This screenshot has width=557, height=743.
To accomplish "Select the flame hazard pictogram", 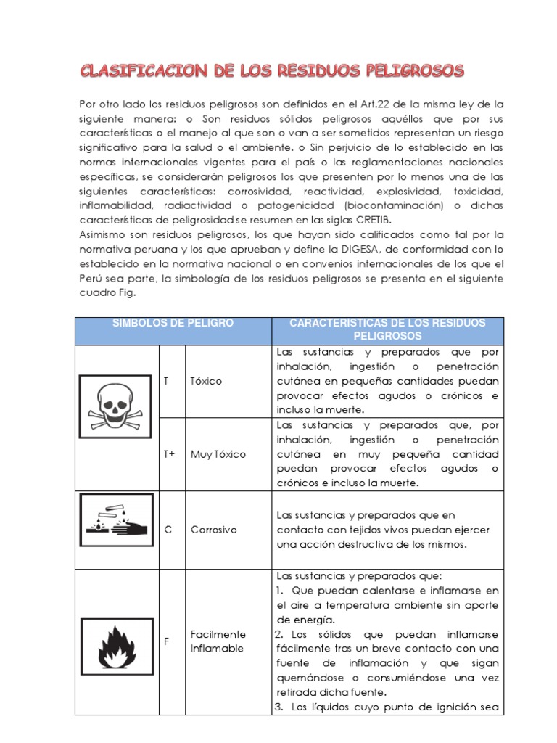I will [116, 641].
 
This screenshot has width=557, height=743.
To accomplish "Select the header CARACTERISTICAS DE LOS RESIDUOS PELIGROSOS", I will [387, 329].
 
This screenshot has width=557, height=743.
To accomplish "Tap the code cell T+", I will [170, 454].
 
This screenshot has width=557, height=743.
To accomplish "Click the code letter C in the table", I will [168, 530].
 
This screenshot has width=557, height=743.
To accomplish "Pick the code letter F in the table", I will [168, 641].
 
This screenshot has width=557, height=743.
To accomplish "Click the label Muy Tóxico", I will [218, 454].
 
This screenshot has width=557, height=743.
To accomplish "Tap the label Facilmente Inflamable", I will [218, 641].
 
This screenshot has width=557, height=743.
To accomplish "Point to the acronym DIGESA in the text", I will [392, 249].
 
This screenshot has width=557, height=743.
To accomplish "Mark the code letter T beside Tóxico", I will [166, 381].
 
